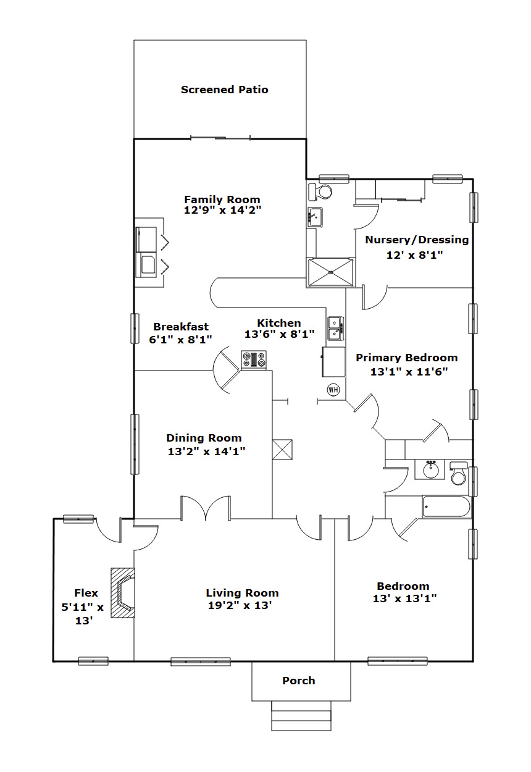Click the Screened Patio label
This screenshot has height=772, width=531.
click(x=224, y=90)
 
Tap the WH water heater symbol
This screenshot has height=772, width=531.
click(x=333, y=390)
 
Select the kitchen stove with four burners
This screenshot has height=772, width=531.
click(x=254, y=360)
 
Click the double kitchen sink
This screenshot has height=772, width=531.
click(x=335, y=329)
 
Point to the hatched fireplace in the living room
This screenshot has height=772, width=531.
click(x=122, y=593)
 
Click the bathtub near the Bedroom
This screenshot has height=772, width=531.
click(x=446, y=506)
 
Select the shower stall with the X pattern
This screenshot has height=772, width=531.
click(x=330, y=272)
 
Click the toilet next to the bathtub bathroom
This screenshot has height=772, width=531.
click(x=459, y=474)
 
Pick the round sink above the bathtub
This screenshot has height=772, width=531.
click(x=431, y=469)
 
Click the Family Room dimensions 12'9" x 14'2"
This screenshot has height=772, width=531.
click(x=223, y=210)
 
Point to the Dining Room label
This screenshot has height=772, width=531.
click(x=204, y=438)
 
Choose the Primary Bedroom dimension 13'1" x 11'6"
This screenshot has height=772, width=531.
click(x=409, y=372)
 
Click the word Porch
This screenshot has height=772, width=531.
click(x=299, y=681)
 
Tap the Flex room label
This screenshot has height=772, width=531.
click(x=86, y=593)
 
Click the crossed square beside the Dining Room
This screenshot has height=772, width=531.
click(x=282, y=450)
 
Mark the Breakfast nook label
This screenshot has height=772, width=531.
click(x=181, y=326)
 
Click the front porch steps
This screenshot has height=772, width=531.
click(x=301, y=716)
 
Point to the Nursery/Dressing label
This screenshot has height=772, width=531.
click(x=417, y=240)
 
